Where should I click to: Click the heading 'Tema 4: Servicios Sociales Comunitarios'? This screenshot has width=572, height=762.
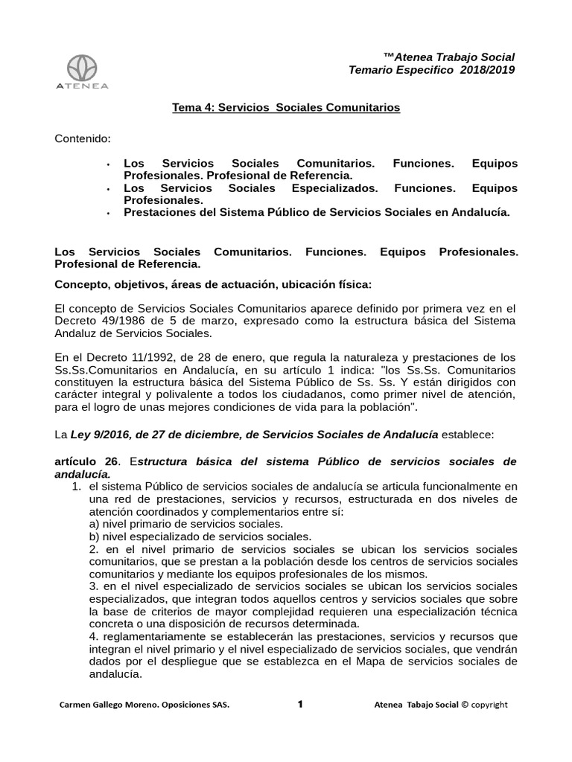286,108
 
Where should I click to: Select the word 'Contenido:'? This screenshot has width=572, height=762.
83,138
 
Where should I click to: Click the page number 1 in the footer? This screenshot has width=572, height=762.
300,704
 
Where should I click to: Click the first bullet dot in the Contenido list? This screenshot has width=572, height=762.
109,164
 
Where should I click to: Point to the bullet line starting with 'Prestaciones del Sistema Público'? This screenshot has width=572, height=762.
317,212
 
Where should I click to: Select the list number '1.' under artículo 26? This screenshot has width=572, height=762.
76,486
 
